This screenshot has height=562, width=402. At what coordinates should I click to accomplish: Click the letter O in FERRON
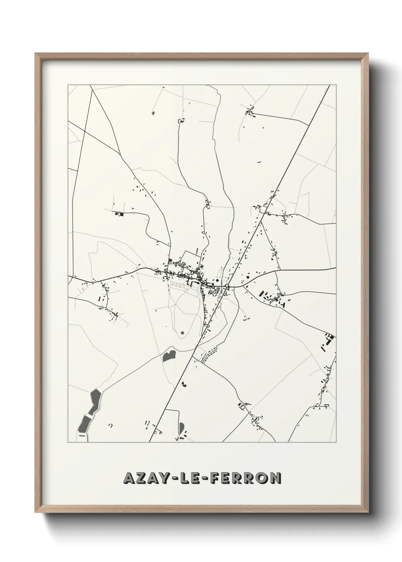[262, 478]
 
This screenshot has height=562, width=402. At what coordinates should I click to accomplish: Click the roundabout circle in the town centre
[227, 286]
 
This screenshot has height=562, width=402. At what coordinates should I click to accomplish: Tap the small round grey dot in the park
[182, 333]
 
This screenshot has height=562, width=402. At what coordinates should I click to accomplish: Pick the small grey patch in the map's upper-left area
[153, 113]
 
